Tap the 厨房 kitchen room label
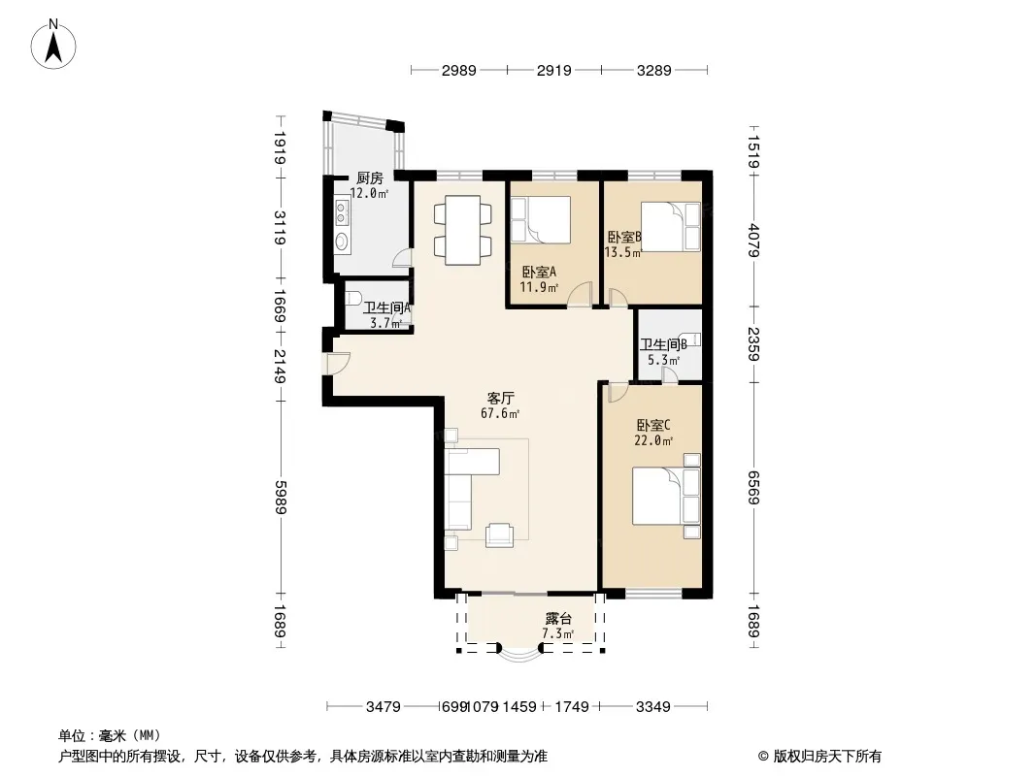369,178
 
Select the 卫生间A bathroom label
387,308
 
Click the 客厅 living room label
500,398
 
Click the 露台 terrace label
557,619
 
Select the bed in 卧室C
665,496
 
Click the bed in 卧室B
665,227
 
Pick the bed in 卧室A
540,221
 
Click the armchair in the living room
499,533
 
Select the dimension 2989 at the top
458,70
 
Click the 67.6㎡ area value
500,413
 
